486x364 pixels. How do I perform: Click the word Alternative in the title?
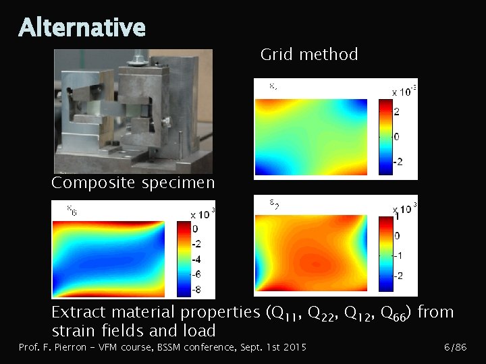[x=82, y=28]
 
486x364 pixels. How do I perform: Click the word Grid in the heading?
[x=275, y=55]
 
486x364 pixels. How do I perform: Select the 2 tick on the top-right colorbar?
[x=396, y=111]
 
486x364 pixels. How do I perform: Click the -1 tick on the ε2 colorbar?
[x=398, y=255]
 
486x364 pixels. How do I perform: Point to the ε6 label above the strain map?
[x=71, y=210]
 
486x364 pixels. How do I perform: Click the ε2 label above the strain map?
[x=275, y=203]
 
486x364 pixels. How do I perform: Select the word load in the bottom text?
[x=200, y=331]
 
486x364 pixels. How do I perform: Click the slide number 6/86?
[x=455, y=347]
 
